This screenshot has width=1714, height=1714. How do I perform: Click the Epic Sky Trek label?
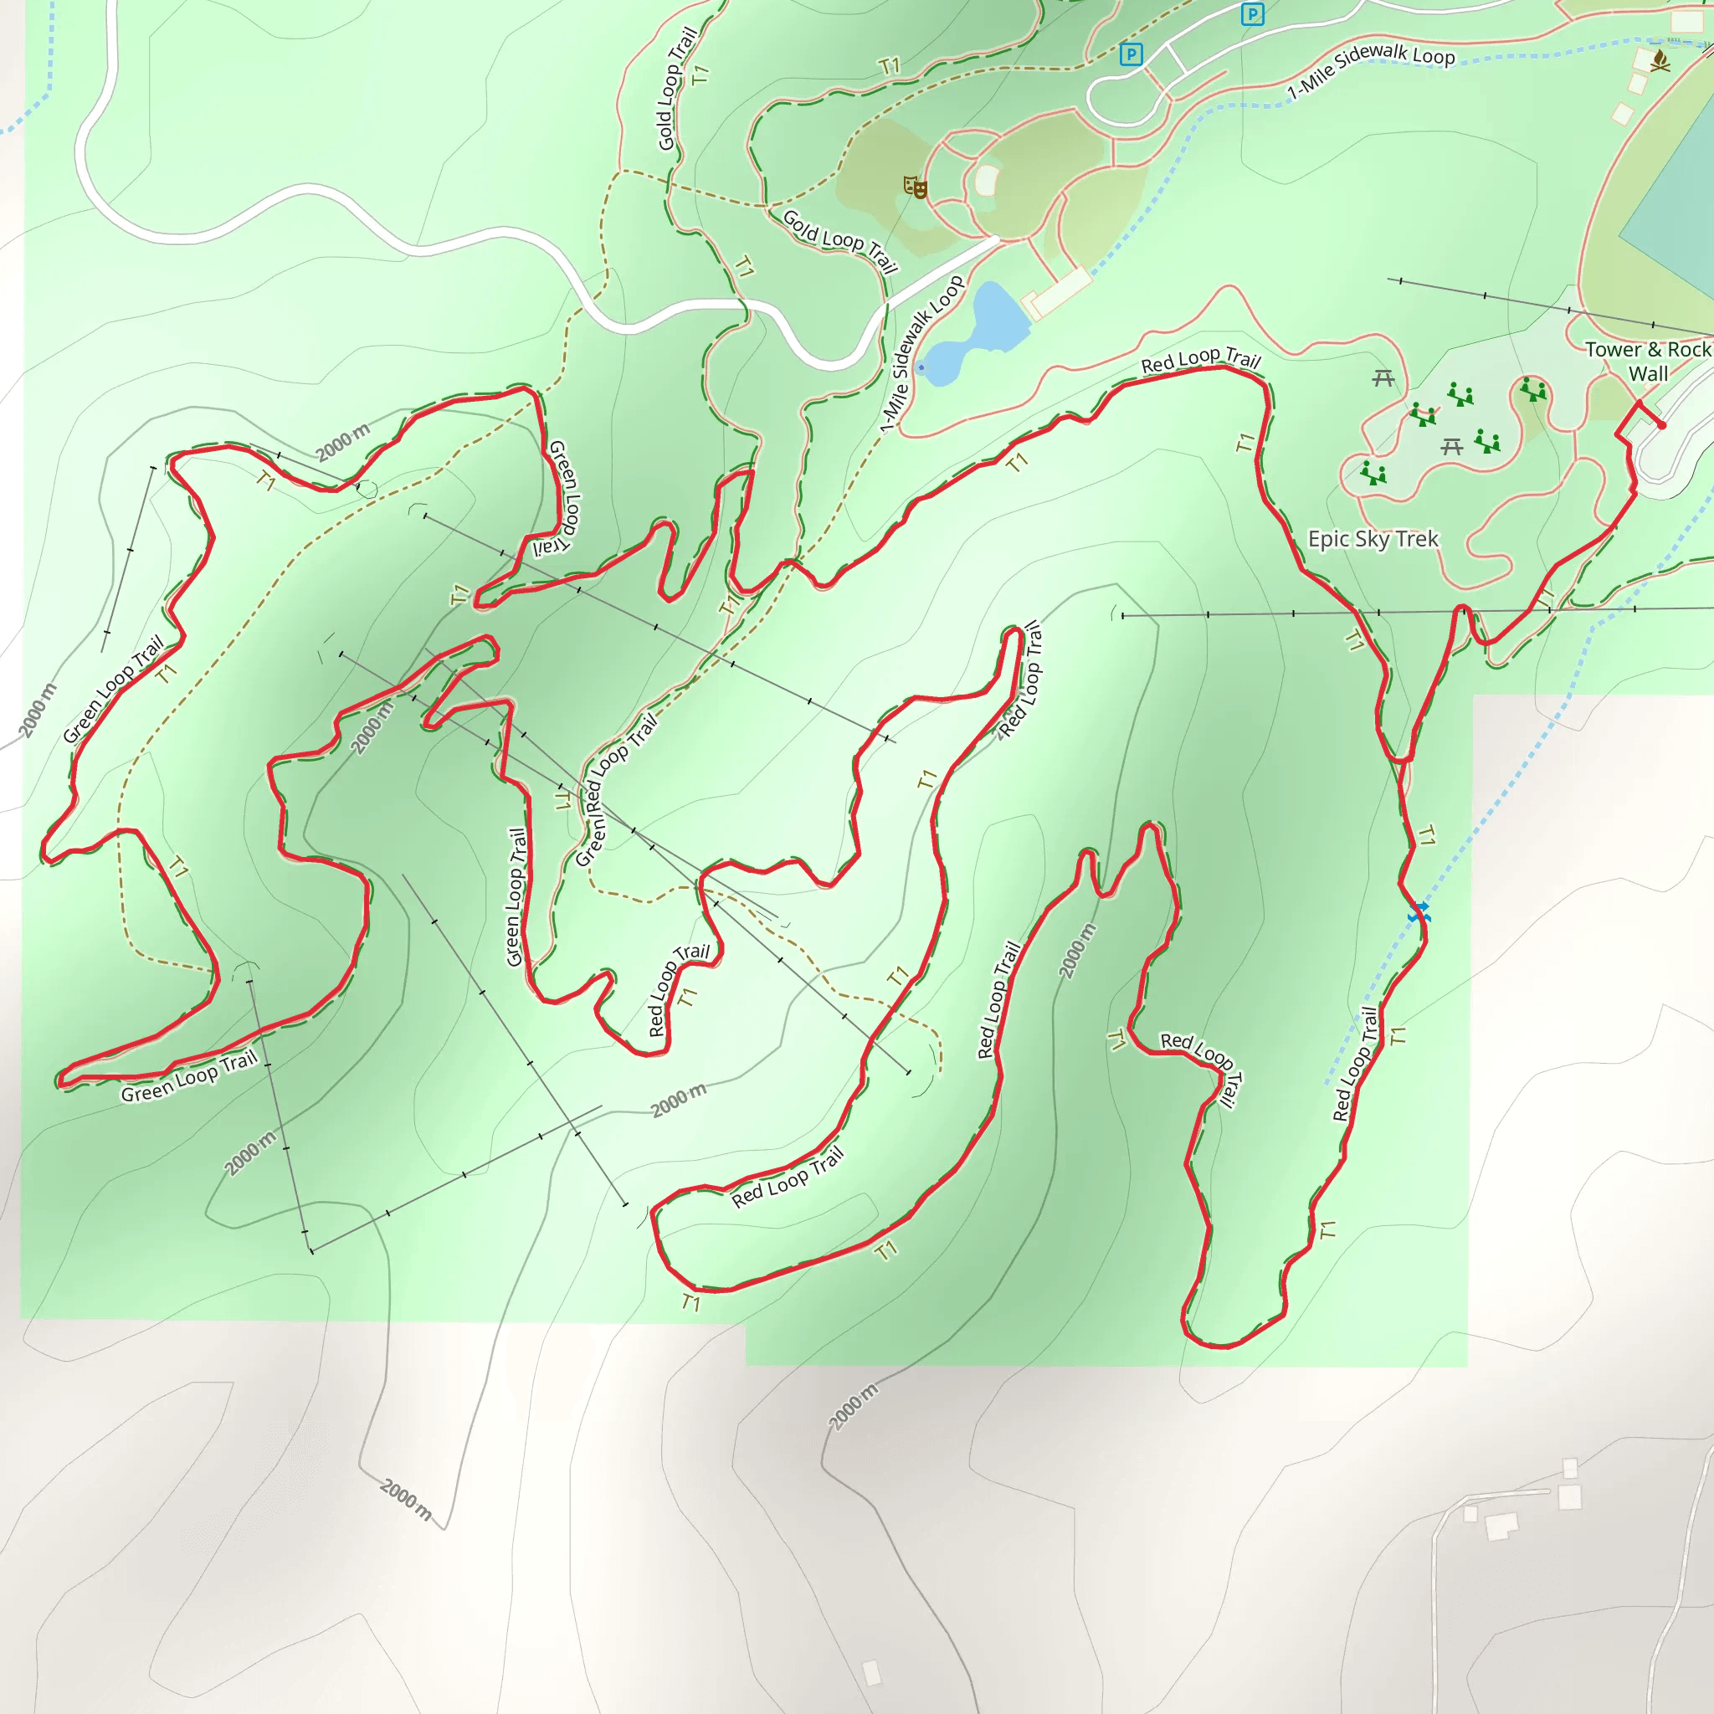click(x=1373, y=538)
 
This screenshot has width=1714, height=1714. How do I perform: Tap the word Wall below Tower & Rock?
click(x=1647, y=373)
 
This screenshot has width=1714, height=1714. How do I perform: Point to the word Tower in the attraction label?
click(x=1612, y=350)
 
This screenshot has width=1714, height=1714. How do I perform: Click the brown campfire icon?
click(x=1660, y=60)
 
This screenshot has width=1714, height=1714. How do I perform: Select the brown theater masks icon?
click(x=915, y=187)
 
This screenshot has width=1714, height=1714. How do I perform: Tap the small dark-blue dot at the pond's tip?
click(x=921, y=367)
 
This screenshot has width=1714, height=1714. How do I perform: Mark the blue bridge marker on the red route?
click(x=1419, y=912)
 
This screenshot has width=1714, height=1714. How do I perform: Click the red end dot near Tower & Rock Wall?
click(x=1661, y=425)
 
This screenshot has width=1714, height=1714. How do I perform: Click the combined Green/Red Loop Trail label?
click(x=616, y=789)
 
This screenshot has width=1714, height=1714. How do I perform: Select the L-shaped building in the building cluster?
click(x=1502, y=1527)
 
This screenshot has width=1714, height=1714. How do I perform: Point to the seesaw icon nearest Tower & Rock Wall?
click(x=1532, y=388)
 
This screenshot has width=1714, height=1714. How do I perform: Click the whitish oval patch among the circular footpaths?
click(x=987, y=181)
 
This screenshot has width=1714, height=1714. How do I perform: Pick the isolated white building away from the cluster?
click(x=872, y=1672)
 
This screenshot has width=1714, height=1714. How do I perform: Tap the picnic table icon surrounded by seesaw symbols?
click(x=1451, y=446)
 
